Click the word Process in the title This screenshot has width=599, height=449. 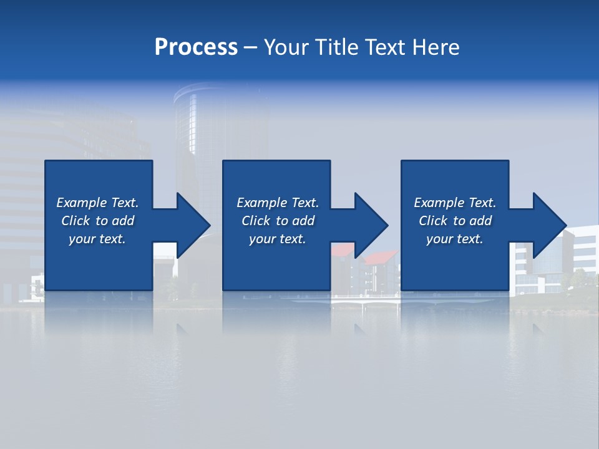click(x=196, y=47)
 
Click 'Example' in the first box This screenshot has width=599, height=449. click(x=81, y=203)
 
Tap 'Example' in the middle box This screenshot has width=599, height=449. click(x=261, y=203)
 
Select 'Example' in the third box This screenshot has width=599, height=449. click(x=439, y=203)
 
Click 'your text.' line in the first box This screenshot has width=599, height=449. click(x=97, y=239)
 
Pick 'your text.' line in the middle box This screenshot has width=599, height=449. click(x=277, y=239)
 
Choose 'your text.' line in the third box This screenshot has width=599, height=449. click(x=454, y=239)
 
